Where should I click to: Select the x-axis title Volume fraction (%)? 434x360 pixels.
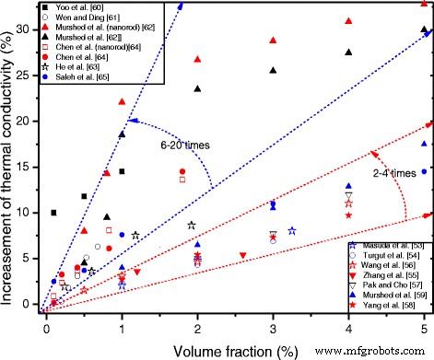tap(234, 350)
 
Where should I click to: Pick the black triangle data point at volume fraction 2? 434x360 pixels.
tap(197, 88)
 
